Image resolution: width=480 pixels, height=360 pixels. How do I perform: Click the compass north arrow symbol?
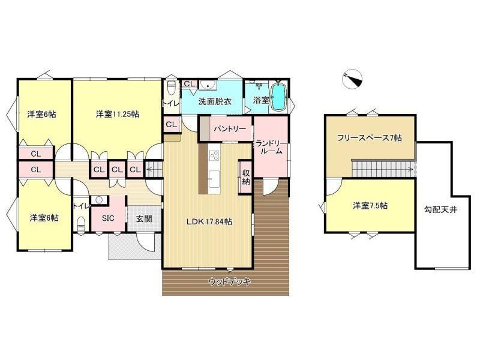(352, 79)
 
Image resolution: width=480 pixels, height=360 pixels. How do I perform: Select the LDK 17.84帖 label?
(209, 222)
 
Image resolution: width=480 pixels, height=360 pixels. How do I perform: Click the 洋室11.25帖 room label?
(117, 114)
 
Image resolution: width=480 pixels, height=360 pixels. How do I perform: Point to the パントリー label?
(230, 129)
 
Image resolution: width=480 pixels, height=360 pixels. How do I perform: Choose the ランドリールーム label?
(271, 147)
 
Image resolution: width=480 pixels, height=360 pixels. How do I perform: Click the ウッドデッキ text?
(229, 281)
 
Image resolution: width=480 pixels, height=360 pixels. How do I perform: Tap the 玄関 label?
(144, 219)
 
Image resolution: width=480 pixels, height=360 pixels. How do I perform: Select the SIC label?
(108, 218)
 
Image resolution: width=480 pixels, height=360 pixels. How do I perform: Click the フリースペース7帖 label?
(370, 138)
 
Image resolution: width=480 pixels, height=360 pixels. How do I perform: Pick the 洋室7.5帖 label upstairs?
(370, 206)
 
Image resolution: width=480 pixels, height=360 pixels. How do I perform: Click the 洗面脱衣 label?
(215, 101)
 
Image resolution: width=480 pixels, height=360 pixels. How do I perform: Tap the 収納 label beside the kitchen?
(246, 176)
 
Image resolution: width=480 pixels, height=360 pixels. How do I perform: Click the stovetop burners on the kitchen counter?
(214, 155)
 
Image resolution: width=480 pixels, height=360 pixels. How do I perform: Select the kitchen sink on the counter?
(214, 177)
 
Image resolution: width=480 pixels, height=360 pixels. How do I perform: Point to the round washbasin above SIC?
(99, 200)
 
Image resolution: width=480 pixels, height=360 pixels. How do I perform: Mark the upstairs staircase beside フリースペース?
(383, 169)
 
